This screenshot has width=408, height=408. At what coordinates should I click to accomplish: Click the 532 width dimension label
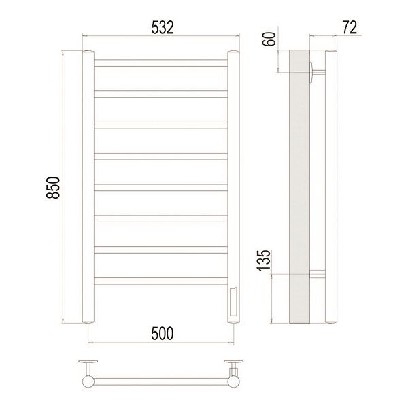pos(163,28)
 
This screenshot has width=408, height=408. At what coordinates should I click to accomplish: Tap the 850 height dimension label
pos(53,188)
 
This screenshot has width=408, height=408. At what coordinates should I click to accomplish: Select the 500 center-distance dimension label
pos(162,334)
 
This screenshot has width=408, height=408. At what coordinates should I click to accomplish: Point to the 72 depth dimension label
pos(350,27)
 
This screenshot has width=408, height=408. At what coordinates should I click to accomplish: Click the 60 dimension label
pos(269,39)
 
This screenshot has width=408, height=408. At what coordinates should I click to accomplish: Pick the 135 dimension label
pos(264,260)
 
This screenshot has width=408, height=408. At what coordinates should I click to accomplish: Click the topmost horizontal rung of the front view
pos(160,63)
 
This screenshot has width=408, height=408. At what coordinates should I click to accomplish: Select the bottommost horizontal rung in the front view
pos(160,281)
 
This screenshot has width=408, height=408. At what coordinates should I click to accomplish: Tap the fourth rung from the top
pos(160,156)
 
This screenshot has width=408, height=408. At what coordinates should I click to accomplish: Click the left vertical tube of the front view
pos(88,186)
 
